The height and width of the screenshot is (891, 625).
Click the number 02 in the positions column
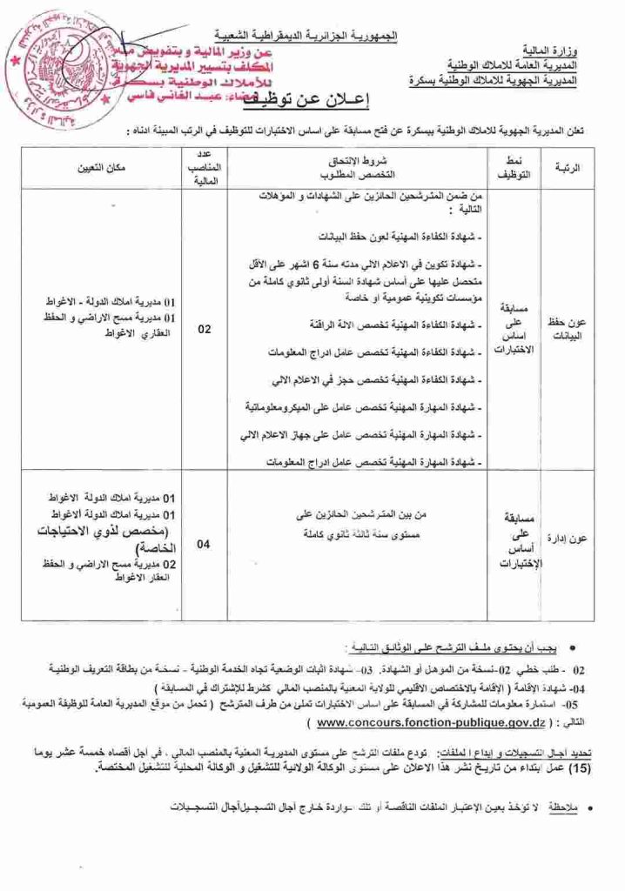click(204, 330)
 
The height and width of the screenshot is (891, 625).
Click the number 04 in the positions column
click(204, 546)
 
